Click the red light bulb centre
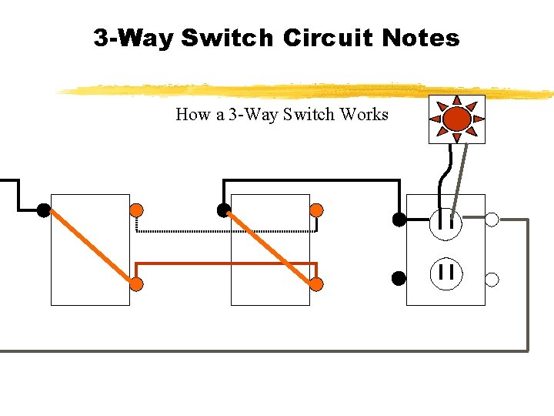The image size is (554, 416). point(457,119)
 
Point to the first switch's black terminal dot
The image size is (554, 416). point(43,209)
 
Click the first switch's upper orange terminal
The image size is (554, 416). point(136,210)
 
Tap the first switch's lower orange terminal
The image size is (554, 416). point(136,284)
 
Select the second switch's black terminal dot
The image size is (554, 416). point(223,210)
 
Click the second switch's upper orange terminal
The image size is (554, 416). point(316,210)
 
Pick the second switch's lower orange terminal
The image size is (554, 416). point(316,284)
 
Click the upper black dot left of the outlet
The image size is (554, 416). point(399,220)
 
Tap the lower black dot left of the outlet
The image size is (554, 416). point(399,277)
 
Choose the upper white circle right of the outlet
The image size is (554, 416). point(492,220)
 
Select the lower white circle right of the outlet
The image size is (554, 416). point(492,279)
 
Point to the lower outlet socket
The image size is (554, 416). point(446,272)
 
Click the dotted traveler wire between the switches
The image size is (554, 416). point(223,230)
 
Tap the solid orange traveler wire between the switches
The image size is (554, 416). point(223,263)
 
